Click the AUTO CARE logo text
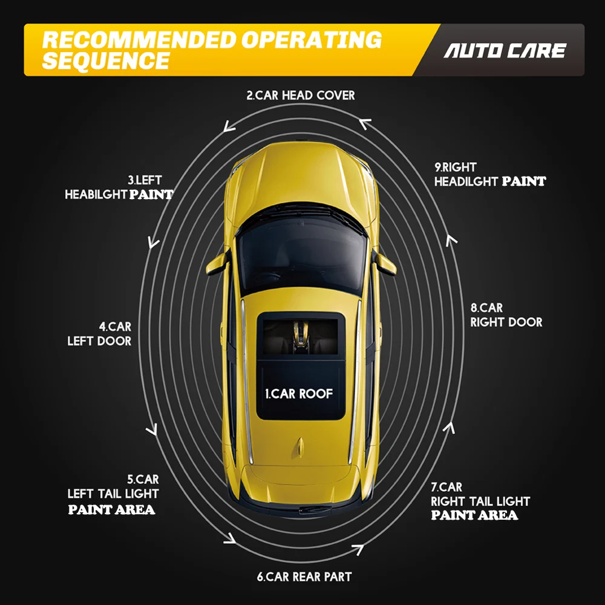point(505,50)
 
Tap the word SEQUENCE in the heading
point(106,60)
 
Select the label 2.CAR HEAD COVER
point(301,95)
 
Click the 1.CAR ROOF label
point(299,394)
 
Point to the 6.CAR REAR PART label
point(304,577)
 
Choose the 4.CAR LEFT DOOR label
point(99,334)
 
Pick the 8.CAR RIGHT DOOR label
point(506,315)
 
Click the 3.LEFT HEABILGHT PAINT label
point(119,188)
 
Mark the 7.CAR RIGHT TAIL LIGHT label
point(480,501)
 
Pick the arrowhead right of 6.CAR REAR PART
point(357,549)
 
